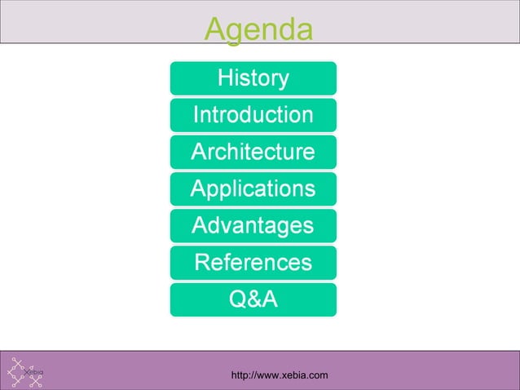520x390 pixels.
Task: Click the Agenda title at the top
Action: pyautogui.click(x=258, y=29)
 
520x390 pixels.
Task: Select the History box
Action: pyautogui.click(x=253, y=78)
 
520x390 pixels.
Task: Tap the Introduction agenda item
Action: pyautogui.click(x=253, y=115)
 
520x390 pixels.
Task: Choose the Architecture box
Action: pyautogui.click(x=253, y=152)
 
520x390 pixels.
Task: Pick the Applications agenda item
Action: pyautogui.click(x=253, y=189)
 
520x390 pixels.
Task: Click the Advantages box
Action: pyautogui.click(x=253, y=226)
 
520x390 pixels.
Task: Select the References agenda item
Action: pyautogui.click(x=253, y=263)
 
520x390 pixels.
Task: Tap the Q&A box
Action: pyautogui.click(x=253, y=299)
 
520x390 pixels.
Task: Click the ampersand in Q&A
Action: pyautogui.click(x=253, y=299)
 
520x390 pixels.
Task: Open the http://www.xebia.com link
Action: pyautogui.click(x=280, y=375)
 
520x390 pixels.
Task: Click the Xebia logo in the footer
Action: pyautogui.click(x=27, y=372)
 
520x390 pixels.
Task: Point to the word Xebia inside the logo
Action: pyautogui.click(x=34, y=373)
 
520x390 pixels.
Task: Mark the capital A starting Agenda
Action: pyautogui.click(x=216, y=29)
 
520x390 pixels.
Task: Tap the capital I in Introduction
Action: pyautogui.click(x=196, y=115)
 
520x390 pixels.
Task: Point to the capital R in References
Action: pyautogui.click(x=203, y=263)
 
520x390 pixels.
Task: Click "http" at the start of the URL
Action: pyautogui.click(x=241, y=375)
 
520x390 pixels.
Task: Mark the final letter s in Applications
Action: pyautogui.click(x=310, y=189)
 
